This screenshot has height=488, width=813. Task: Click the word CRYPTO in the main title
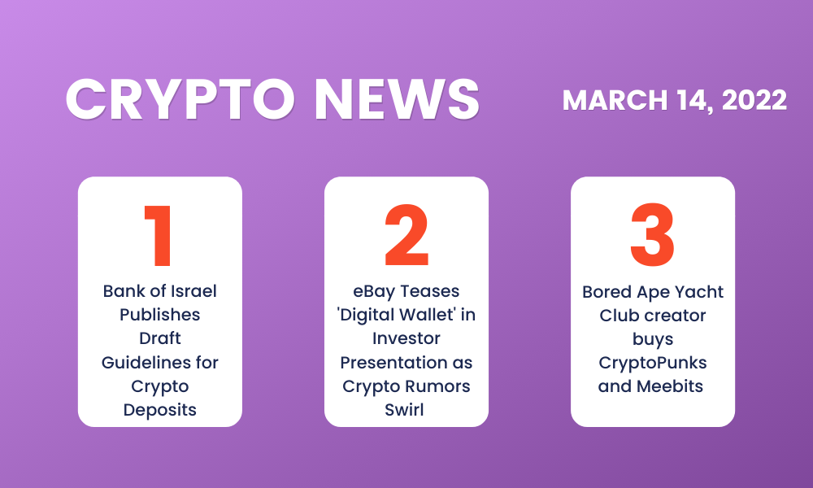pyautogui.click(x=180, y=99)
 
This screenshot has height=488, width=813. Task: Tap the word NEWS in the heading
pyautogui.click(x=398, y=99)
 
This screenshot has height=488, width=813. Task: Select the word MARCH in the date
pyautogui.click(x=615, y=100)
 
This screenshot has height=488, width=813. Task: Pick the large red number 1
pyautogui.click(x=159, y=236)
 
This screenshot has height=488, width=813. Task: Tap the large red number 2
pyautogui.click(x=407, y=235)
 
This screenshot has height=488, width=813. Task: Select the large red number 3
pyautogui.click(x=652, y=235)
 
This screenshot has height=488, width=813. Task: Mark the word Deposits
pyautogui.click(x=159, y=410)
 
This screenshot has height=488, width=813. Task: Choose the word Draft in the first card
pyautogui.click(x=159, y=338)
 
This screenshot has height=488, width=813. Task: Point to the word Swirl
pyautogui.click(x=404, y=410)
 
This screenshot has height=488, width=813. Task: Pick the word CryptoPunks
pyautogui.click(x=653, y=364)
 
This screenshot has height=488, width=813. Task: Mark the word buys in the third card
pyautogui.click(x=653, y=340)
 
